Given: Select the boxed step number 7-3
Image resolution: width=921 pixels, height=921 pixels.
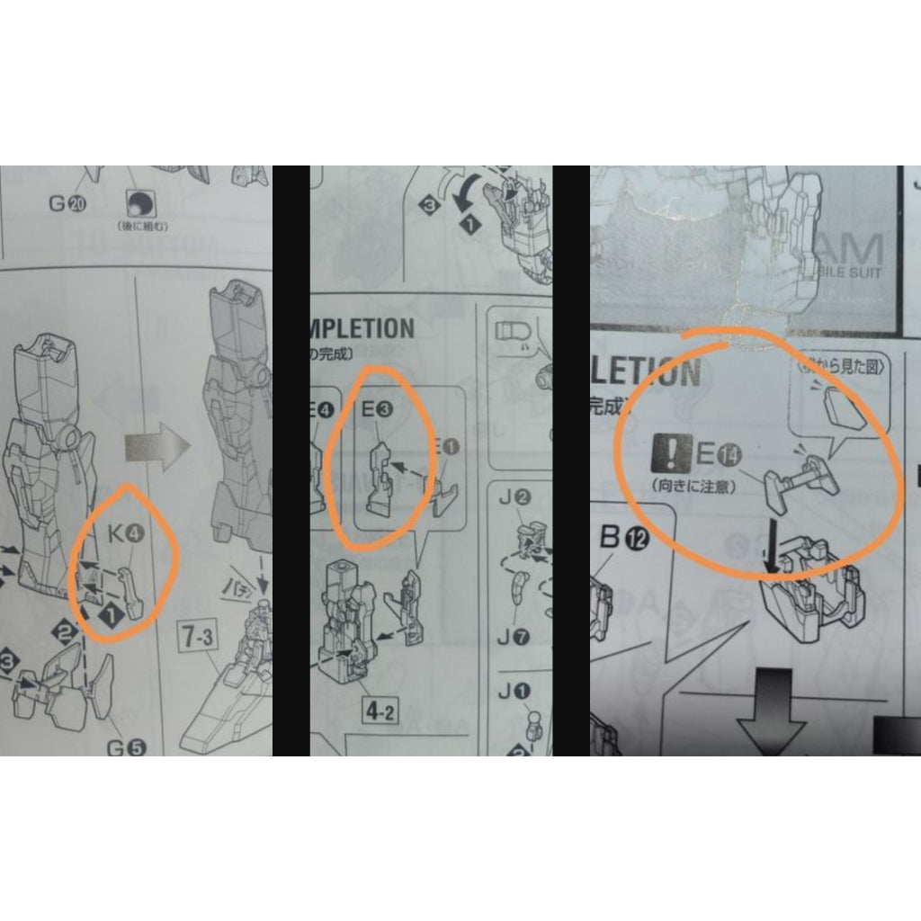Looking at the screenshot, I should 199,639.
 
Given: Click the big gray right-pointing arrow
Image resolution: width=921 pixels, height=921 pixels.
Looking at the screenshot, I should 157,444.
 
